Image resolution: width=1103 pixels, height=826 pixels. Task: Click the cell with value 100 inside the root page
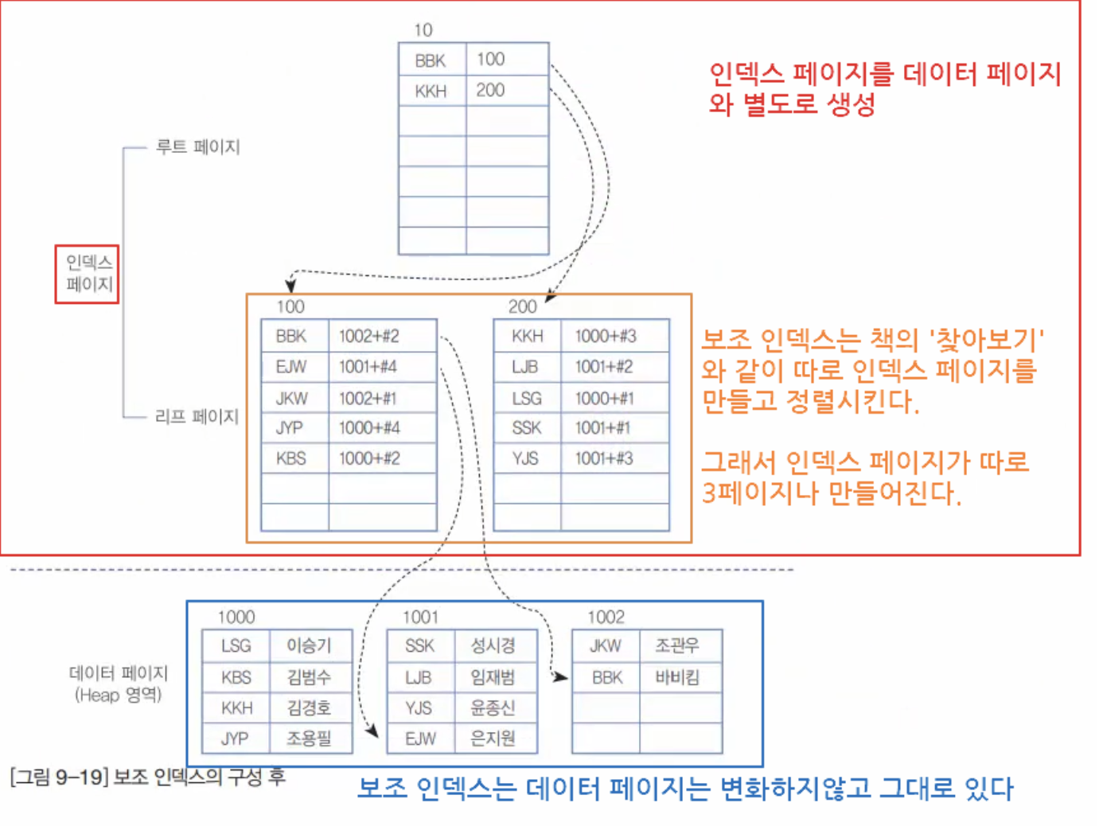[491, 59]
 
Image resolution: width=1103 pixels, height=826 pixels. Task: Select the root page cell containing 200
[491, 90]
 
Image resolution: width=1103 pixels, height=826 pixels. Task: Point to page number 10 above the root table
[423, 30]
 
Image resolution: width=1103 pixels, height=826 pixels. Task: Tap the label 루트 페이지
[197, 146]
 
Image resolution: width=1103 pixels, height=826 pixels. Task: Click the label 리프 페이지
[197, 416]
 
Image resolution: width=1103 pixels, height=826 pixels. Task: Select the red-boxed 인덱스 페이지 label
[88, 273]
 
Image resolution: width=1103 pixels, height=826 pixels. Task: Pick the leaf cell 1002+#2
[368, 336]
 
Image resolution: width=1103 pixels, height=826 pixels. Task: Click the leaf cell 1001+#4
[368, 367]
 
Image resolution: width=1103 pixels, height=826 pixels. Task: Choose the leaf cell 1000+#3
[606, 336]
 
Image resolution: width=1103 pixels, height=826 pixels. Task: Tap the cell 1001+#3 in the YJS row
[604, 458]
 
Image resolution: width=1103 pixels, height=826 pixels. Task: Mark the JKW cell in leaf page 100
[291, 398]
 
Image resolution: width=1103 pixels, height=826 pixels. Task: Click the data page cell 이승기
[309, 645]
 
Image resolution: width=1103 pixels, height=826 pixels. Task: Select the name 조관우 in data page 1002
[677, 645]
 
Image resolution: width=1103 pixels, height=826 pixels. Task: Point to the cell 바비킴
[677, 677]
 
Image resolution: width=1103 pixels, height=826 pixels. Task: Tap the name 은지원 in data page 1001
[493, 738]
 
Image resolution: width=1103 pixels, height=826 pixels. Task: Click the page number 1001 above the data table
[420, 617]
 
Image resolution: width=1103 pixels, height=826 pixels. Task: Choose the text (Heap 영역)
[119, 695]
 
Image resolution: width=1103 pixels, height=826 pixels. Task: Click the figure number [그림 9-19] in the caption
[59, 777]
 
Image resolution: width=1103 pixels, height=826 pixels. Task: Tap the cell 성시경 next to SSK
[493, 645]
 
